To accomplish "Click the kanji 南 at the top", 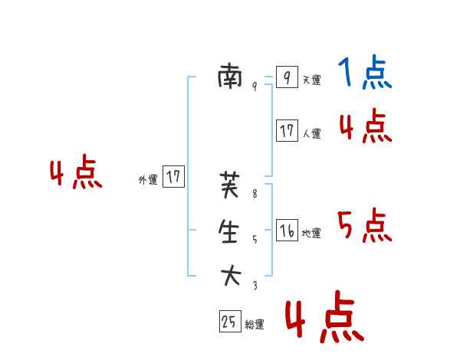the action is click(x=230, y=76).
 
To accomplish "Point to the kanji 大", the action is click(x=230, y=275).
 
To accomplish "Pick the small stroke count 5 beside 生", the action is click(x=255, y=240).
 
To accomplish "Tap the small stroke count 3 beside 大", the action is click(x=255, y=285).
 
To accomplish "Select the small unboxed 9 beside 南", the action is click(x=255, y=87).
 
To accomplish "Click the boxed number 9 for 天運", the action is click(x=287, y=77).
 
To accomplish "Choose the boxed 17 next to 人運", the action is click(x=287, y=130).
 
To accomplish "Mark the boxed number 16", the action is click(x=287, y=231).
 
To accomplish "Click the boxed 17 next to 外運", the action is click(x=174, y=177).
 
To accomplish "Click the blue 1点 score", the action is click(x=365, y=74).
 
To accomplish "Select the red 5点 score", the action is click(x=365, y=226).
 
